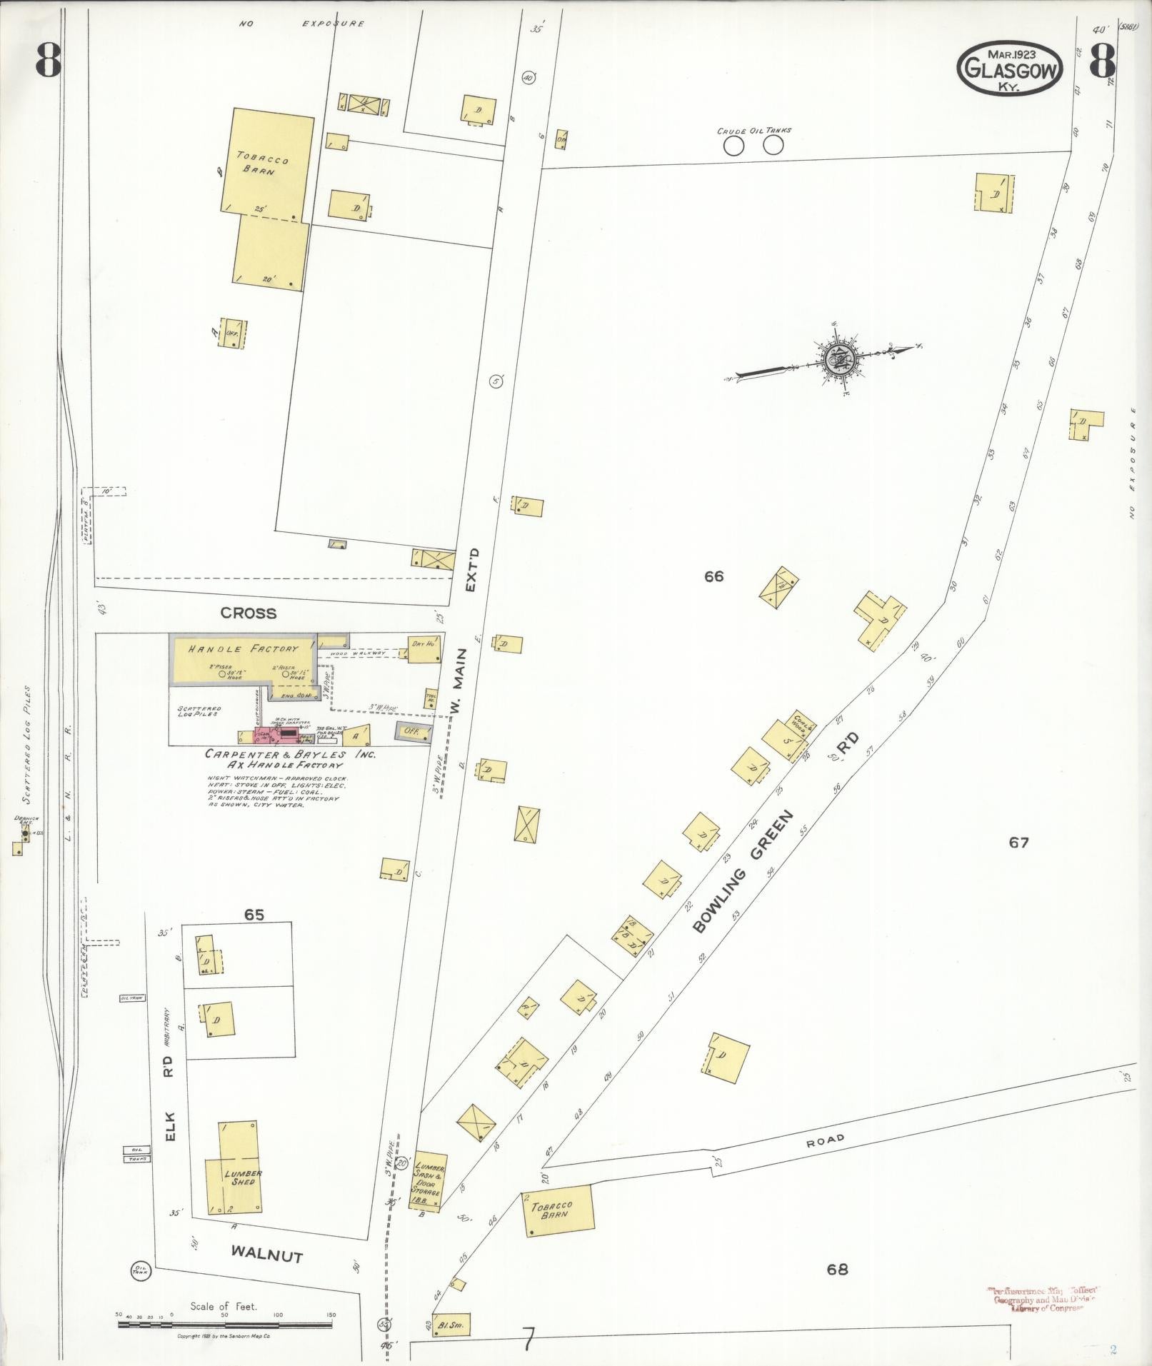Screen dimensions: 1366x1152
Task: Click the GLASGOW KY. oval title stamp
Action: (x=1009, y=69)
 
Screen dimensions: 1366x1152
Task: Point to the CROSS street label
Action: (x=248, y=613)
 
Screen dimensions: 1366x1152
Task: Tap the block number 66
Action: (x=713, y=576)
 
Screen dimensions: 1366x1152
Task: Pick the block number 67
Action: (x=1018, y=843)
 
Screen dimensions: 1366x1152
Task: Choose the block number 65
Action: (x=254, y=915)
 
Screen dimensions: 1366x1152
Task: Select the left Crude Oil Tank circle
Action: (x=733, y=146)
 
